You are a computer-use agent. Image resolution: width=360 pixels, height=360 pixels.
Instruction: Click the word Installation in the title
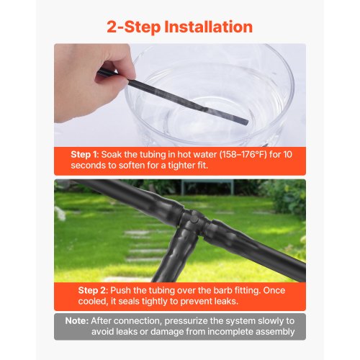[x=208, y=27]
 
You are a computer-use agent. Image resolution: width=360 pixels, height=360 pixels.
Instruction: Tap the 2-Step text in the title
[x=133, y=27]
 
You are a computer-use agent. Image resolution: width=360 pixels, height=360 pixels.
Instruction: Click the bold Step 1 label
[x=84, y=155]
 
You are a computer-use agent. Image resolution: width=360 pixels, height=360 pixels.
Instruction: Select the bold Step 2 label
[x=92, y=291]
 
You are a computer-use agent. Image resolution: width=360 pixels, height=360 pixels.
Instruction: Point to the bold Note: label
[x=77, y=321]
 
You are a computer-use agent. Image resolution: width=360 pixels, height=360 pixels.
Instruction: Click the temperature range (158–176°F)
[x=243, y=155]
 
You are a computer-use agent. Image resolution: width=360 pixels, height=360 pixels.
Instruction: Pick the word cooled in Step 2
[x=93, y=302]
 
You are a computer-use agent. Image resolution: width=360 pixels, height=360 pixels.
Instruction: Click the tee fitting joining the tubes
[x=193, y=221]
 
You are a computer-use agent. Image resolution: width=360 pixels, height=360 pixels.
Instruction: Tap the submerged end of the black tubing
[x=245, y=122]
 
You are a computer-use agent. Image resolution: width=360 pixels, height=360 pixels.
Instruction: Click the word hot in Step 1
[x=184, y=155]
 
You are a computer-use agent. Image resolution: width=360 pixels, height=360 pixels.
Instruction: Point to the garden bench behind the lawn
[x=207, y=186]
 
